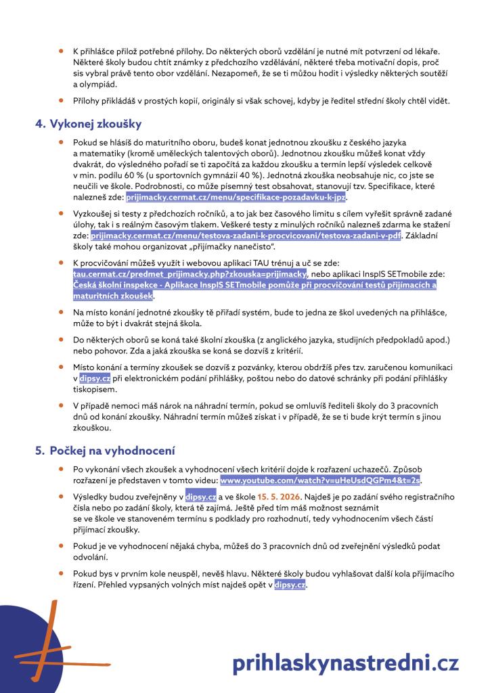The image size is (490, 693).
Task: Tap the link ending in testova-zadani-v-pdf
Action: click(246, 235)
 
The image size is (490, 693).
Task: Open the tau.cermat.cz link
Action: click(190, 273)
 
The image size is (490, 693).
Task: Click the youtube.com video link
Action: click(320, 480)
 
